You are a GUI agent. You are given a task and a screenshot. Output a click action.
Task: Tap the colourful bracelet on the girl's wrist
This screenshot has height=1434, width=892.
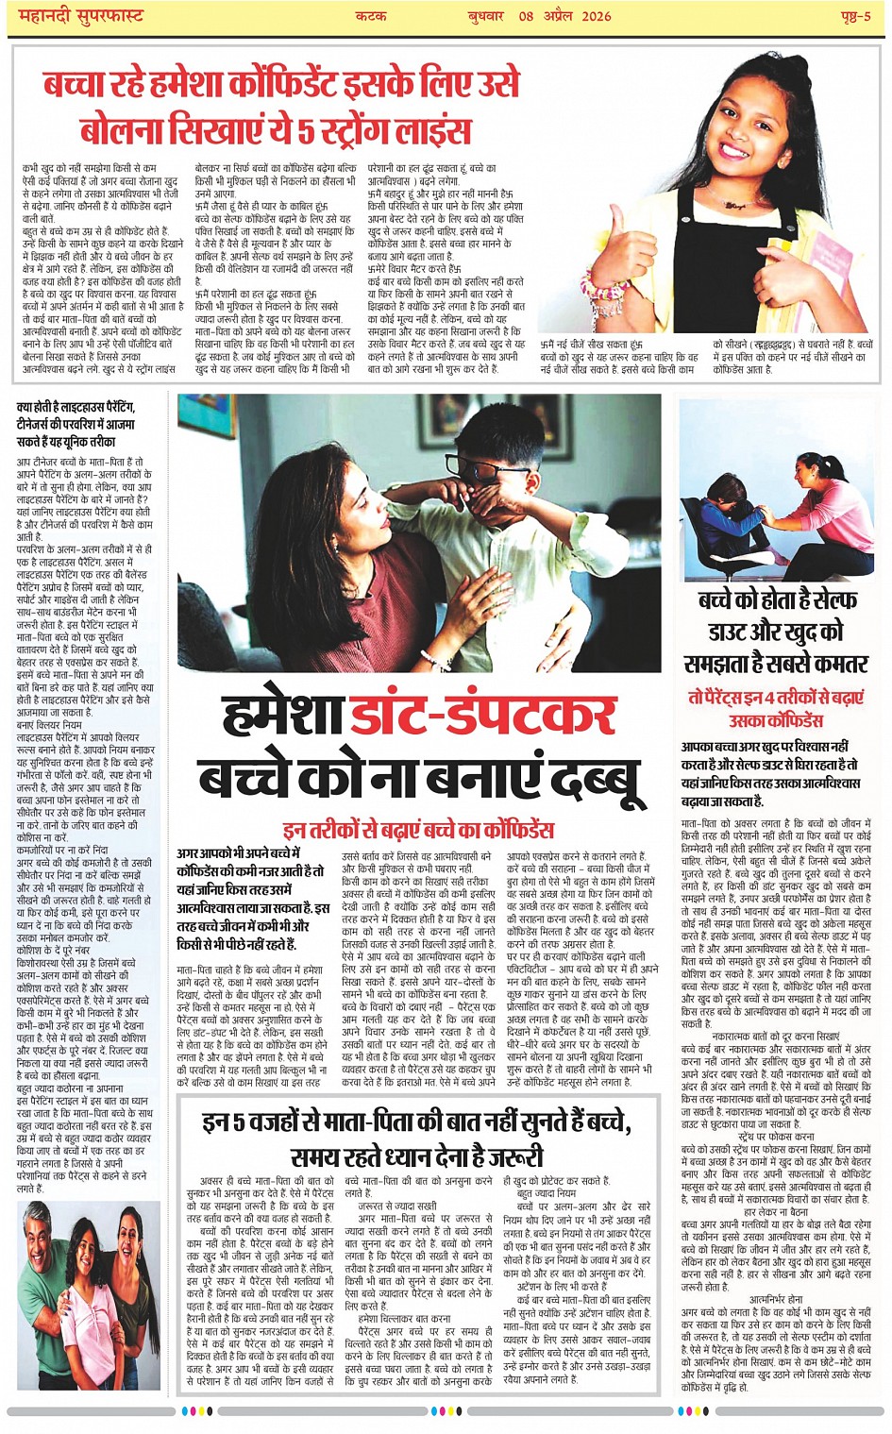(x=604, y=283)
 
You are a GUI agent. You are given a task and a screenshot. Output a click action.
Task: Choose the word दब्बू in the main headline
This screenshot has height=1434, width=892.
(x=596, y=780)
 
